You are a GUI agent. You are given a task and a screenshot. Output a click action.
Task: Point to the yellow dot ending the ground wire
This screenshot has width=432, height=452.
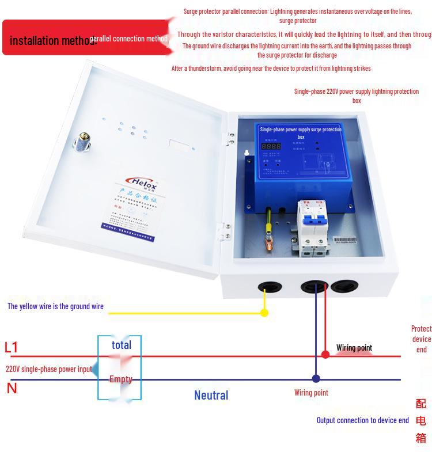point(264,313)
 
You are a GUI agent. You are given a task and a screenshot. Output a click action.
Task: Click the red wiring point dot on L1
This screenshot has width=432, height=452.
point(325,355)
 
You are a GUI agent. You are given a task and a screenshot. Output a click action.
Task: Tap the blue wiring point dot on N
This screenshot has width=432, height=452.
point(316,379)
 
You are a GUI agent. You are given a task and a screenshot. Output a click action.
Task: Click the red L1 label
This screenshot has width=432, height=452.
point(12,347)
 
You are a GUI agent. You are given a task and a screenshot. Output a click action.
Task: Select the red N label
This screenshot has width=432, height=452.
point(12,389)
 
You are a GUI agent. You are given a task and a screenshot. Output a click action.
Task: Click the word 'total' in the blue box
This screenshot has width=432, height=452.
point(122,345)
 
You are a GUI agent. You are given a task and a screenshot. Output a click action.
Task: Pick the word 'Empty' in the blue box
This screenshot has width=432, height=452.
point(121,379)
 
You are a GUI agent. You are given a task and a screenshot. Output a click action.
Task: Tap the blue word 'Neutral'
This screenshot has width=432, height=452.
point(211,395)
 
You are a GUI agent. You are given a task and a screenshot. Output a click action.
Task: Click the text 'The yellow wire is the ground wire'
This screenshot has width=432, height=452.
point(55,306)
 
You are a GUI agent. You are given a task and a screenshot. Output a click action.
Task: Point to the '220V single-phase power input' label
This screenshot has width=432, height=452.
point(49,369)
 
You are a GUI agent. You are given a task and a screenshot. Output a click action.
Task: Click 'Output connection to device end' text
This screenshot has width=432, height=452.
point(362,420)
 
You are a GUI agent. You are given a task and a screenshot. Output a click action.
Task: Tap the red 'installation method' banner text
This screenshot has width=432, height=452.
point(52,40)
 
